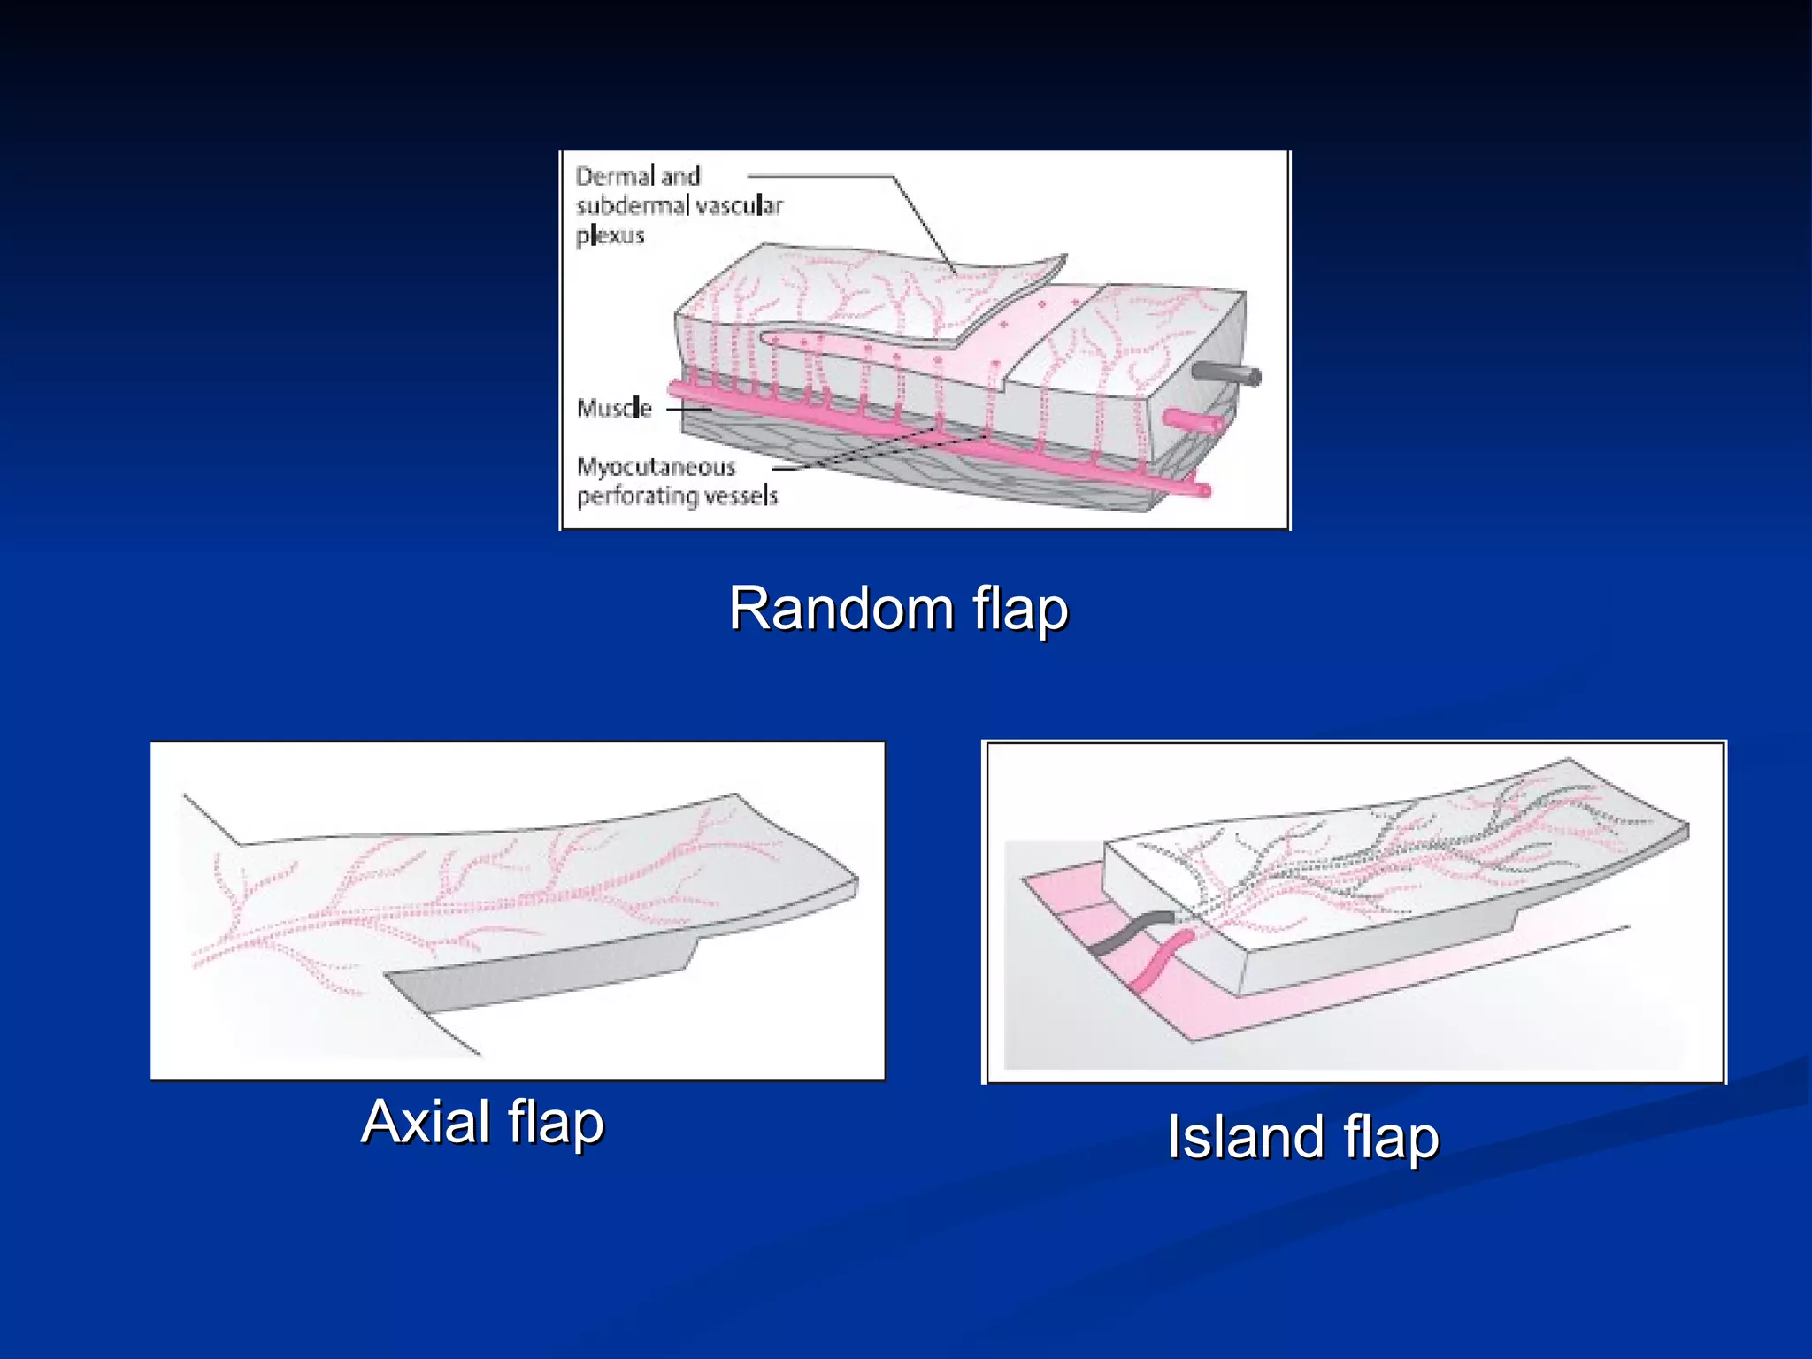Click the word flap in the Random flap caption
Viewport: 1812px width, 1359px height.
click(1020, 610)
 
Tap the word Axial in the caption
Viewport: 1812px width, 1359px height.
click(426, 1122)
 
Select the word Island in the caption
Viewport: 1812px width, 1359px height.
click(1245, 1137)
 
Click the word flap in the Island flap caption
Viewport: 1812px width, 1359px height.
click(1391, 1139)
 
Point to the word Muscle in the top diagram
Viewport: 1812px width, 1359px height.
click(614, 409)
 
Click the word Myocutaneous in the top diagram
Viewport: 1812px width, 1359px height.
click(656, 466)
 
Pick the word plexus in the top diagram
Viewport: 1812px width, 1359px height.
click(610, 235)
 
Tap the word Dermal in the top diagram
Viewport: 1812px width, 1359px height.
click(614, 176)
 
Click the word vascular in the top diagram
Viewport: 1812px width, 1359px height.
click(739, 206)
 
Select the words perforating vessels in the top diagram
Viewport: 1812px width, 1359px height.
click(678, 495)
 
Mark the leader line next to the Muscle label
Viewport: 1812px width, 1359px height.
click(688, 410)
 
